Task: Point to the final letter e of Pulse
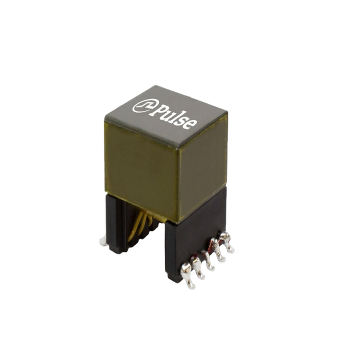tap(191, 124)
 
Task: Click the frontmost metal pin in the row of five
tap(188, 276)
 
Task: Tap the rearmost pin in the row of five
tap(227, 242)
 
